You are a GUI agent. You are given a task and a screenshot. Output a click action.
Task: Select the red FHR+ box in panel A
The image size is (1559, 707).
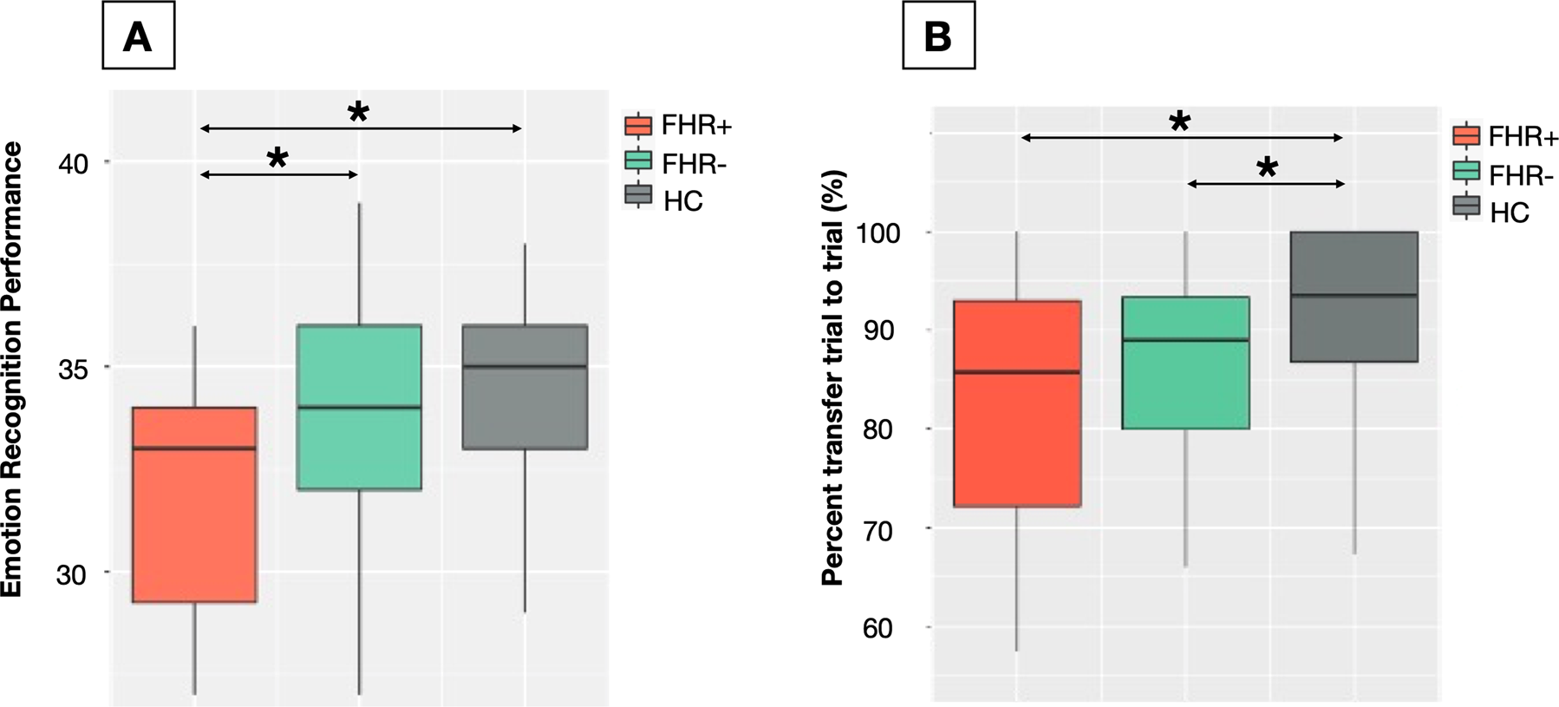click(x=195, y=504)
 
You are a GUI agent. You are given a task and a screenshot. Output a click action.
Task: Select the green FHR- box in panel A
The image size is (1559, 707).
click(x=359, y=407)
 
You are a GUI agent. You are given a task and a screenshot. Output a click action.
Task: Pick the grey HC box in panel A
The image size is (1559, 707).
click(x=525, y=386)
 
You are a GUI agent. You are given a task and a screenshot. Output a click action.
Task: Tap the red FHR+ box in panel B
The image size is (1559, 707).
click(x=1017, y=403)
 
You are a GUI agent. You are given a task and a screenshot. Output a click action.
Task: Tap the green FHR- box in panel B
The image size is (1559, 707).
click(x=1185, y=363)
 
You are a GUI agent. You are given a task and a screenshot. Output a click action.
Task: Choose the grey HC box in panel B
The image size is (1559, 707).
click(x=1354, y=297)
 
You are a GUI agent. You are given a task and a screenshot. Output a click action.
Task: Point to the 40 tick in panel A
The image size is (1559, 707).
click(x=74, y=163)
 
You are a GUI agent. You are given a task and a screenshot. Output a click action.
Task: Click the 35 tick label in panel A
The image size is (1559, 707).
click(x=74, y=369)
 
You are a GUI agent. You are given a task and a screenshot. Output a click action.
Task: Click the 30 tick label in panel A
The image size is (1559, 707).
click(x=74, y=574)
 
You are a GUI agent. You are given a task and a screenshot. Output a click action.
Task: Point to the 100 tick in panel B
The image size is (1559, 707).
click(x=879, y=233)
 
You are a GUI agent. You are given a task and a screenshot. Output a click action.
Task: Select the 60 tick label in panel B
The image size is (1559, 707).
click(x=879, y=628)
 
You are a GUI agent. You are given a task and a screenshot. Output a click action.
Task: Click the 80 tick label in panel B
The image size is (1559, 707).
click(x=879, y=430)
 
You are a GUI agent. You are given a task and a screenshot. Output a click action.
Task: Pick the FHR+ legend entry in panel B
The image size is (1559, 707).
click(x=1505, y=137)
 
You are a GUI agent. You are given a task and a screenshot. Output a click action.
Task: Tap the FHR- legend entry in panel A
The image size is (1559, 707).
click(x=676, y=163)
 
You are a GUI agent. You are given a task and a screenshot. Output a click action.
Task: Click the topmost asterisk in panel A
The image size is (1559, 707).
click(x=358, y=112)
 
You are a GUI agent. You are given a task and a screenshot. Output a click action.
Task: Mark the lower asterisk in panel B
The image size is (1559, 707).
click(x=1267, y=167)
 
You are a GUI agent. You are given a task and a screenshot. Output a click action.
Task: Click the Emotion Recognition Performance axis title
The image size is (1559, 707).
click(x=11, y=369)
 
